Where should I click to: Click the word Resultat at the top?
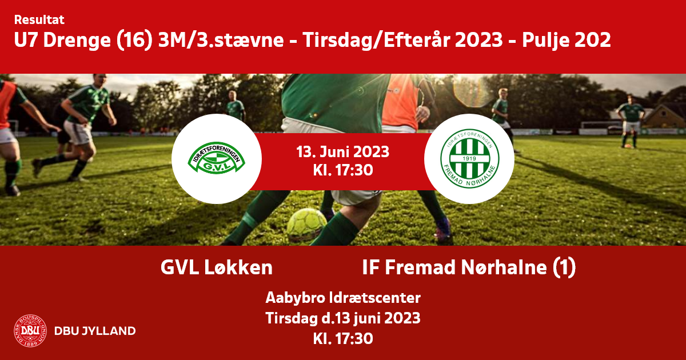39,20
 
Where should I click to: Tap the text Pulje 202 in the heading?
567,40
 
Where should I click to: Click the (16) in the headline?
134,40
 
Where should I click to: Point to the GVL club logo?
216,158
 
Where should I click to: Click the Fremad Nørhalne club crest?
469,158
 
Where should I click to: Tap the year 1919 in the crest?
469,158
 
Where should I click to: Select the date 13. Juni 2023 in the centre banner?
342,152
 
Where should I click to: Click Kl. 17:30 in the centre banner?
342,170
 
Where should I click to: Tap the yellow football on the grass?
306,225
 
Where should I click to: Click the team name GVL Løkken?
217,267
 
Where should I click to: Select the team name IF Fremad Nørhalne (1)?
469,267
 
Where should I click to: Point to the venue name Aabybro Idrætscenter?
342,298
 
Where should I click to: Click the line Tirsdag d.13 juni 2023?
342,318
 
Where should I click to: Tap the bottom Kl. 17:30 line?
342,339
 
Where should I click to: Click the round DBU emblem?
30,331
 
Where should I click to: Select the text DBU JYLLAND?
95,331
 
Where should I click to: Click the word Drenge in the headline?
77,41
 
